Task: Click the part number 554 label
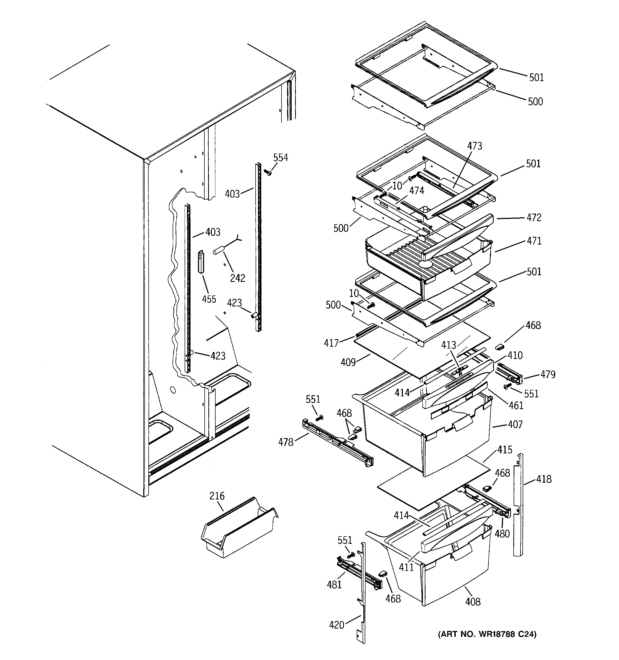pos(280,158)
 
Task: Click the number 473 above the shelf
pos(474,146)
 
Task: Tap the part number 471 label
pos(534,241)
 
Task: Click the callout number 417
pos(331,343)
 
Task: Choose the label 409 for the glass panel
pos(348,362)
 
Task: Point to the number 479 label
pos(547,374)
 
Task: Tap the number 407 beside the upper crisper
pos(515,424)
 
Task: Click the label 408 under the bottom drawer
pos(473,602)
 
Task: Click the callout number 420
pos(336,625)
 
